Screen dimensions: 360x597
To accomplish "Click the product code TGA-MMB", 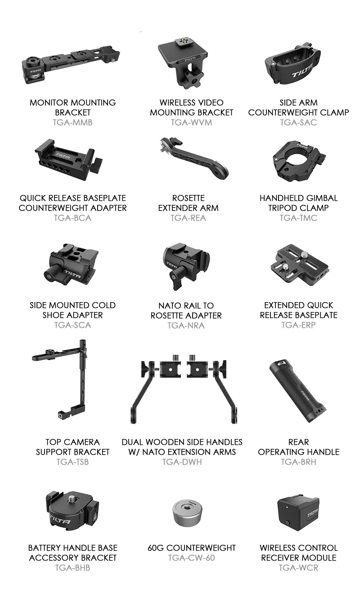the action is coord(72,122).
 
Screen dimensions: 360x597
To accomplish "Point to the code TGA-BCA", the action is coord(72,218).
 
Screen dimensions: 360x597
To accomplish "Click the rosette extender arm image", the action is coord(193,159).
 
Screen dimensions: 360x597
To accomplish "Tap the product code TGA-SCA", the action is coord(72,325).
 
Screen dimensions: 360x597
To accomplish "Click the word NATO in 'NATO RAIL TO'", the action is coord(167,305).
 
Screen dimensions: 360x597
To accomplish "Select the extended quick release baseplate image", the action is coord(300,264).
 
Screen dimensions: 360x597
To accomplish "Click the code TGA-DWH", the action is coord(182,461).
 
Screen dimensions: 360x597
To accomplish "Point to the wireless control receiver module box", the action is coord(298,514).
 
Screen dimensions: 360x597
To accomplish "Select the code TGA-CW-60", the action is coord(191,557).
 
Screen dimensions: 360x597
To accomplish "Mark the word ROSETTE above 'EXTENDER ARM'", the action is coord(189,198).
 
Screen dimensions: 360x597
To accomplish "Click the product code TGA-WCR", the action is coord(298,568).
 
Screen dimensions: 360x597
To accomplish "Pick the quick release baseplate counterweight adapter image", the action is coord(69,159).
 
